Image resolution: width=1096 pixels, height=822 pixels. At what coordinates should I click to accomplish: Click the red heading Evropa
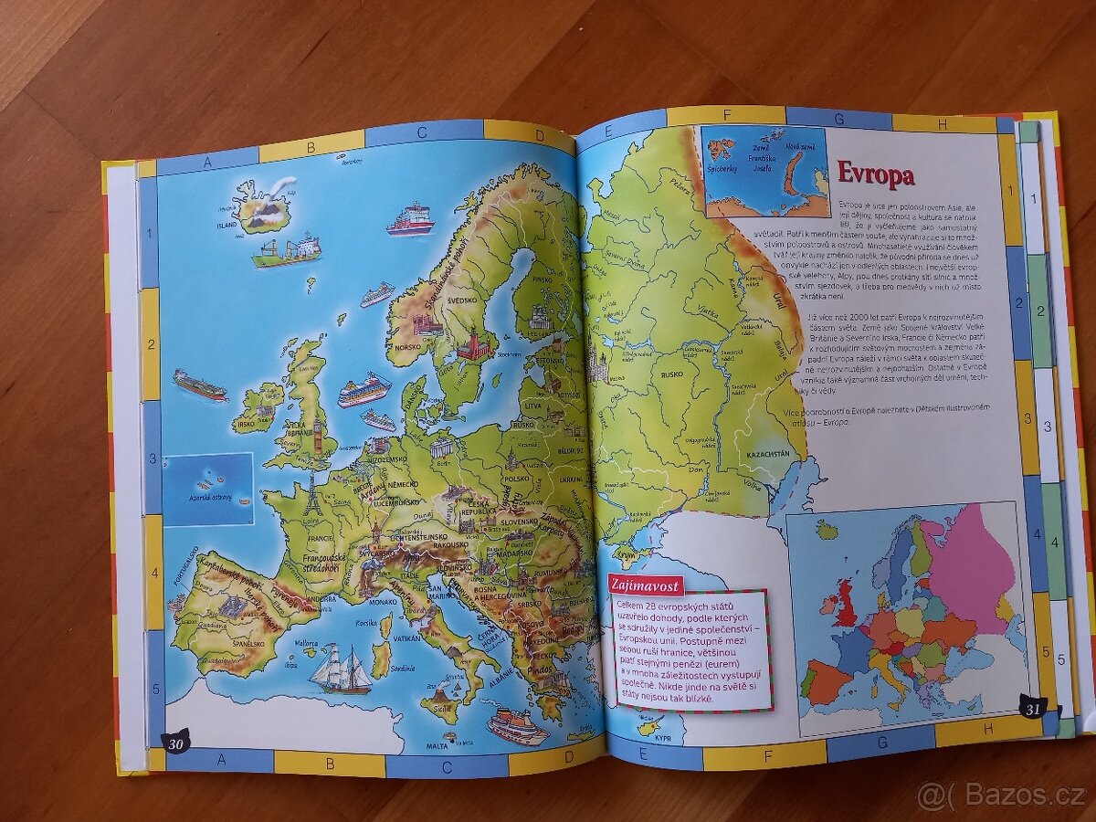coord(875,174)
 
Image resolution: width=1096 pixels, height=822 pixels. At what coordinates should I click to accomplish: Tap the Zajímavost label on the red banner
coord(645,585)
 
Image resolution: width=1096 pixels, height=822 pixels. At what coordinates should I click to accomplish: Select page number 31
coord(1032,707)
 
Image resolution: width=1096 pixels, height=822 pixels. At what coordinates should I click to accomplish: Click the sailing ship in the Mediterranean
coord(340,669)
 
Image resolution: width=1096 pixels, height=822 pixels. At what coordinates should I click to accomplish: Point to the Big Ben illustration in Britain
coord(318,434)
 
